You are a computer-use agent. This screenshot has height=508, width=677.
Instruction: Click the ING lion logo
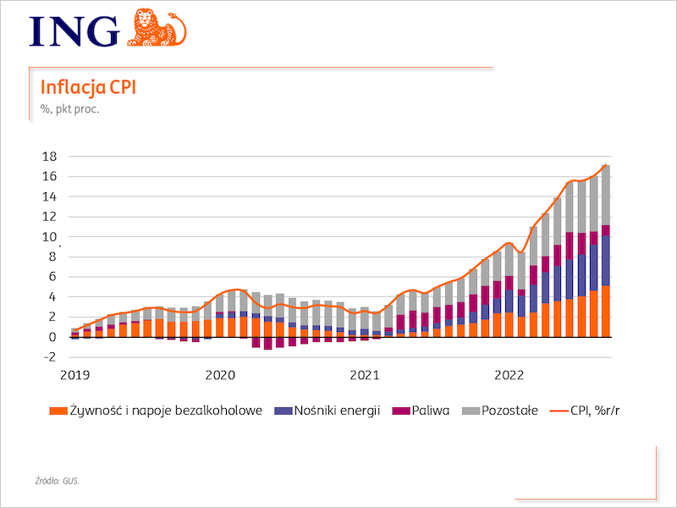(x=157, y=27)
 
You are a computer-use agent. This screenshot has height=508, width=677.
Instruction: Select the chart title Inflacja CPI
(x=89, y=88)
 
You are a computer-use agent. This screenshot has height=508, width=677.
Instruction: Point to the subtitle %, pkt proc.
(x=70, y=108)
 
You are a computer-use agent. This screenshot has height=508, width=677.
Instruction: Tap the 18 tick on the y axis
(x=49, y=157)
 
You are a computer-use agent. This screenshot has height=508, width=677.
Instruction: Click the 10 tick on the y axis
(x=49, y=237)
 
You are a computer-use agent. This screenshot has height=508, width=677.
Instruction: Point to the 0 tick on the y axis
(x=52, y=337)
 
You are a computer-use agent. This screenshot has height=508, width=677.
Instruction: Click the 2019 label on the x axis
(x=74, y=374)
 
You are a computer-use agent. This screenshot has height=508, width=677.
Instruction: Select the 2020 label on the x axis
(x=220, y=374)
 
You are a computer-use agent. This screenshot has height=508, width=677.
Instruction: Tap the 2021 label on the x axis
(x=365, y=374)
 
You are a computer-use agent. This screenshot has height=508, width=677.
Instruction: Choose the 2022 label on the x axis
(x=510, y=374)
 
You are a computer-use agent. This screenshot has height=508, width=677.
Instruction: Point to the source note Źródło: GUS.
(x=63, y=481)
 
